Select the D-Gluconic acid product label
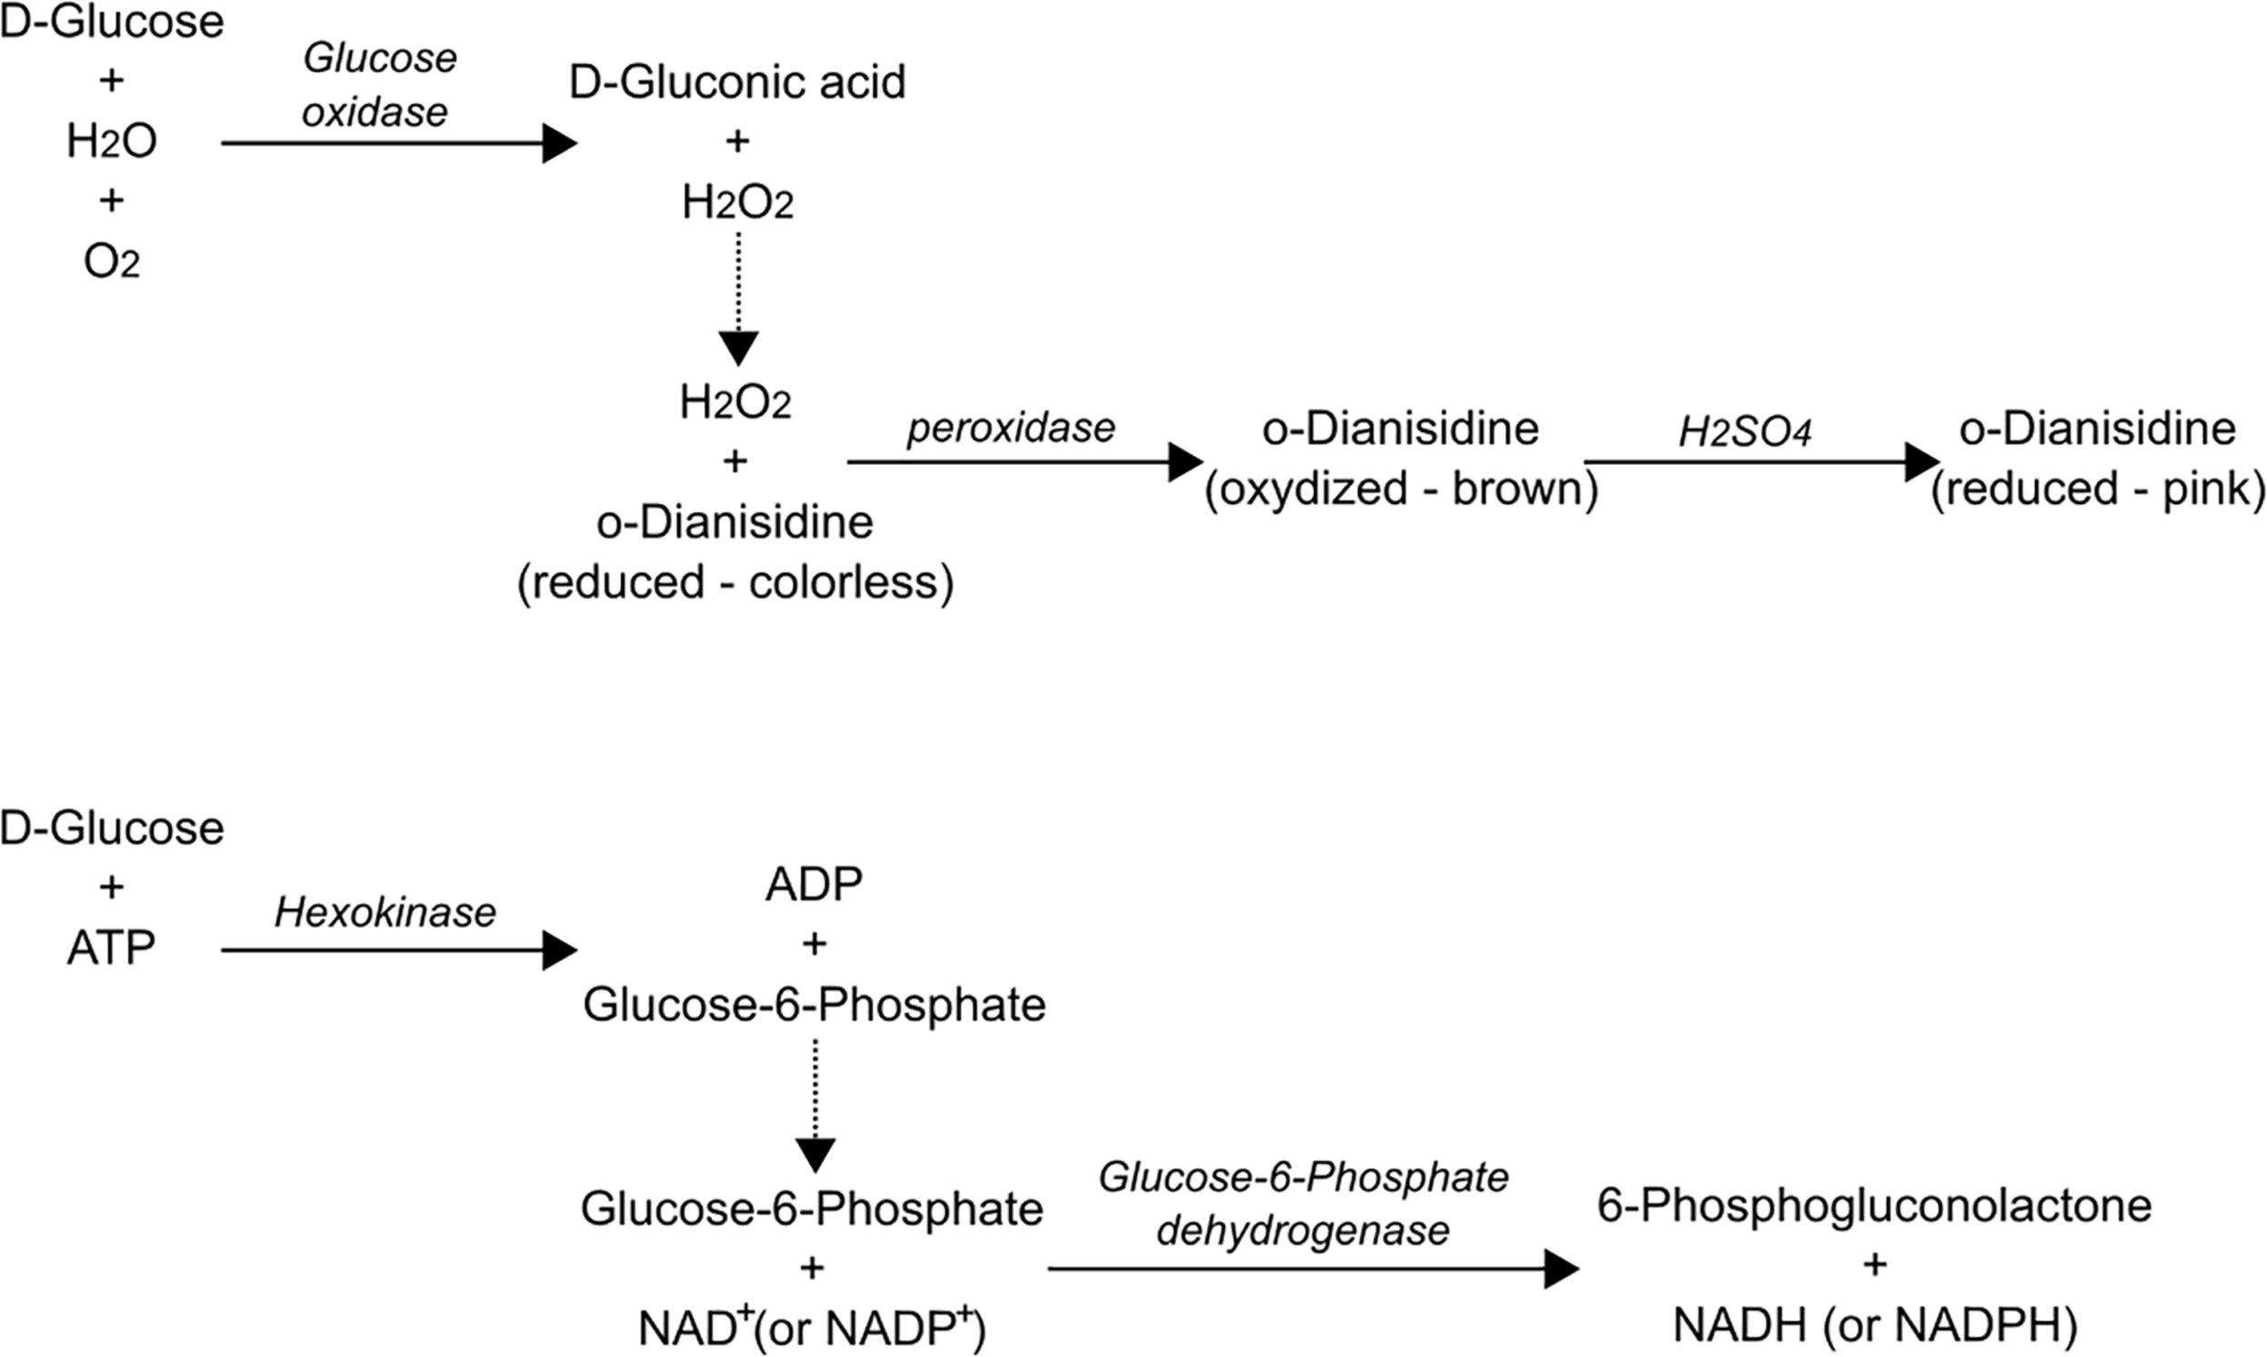click(737, 82)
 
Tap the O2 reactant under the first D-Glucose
click(112, 264)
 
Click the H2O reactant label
click(112, 141)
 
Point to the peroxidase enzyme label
click(1010, 428)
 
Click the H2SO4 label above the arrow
click(1745, 432)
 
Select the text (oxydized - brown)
click(1400, 489)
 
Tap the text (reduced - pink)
click(2097, 489)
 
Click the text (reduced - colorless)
click(735, 583)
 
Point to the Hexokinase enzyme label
click(385, 913)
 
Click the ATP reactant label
click(112, 948)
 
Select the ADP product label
click(814, 884)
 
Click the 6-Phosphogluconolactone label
click(1873, 1207)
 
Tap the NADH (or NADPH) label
click(1873, 1325)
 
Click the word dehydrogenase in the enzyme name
click(1302, 1231)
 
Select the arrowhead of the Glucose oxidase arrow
click(559, 143)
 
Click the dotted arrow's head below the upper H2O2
click(738, 347)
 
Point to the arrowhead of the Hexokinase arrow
click(559, 950)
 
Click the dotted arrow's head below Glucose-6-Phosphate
click(815, 1155)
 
